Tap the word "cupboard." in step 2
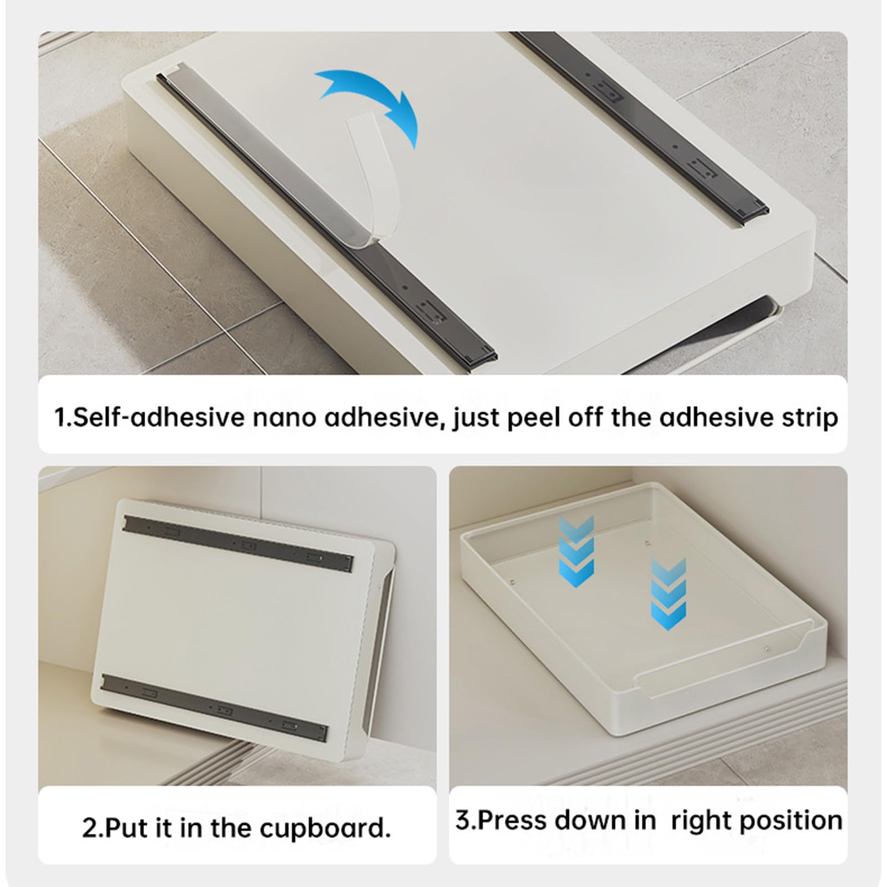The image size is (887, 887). point(325,828)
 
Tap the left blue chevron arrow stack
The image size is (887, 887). point(577,551)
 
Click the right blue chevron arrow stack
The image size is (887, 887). point(669,593)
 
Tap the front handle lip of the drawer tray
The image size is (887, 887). point(721,665)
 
